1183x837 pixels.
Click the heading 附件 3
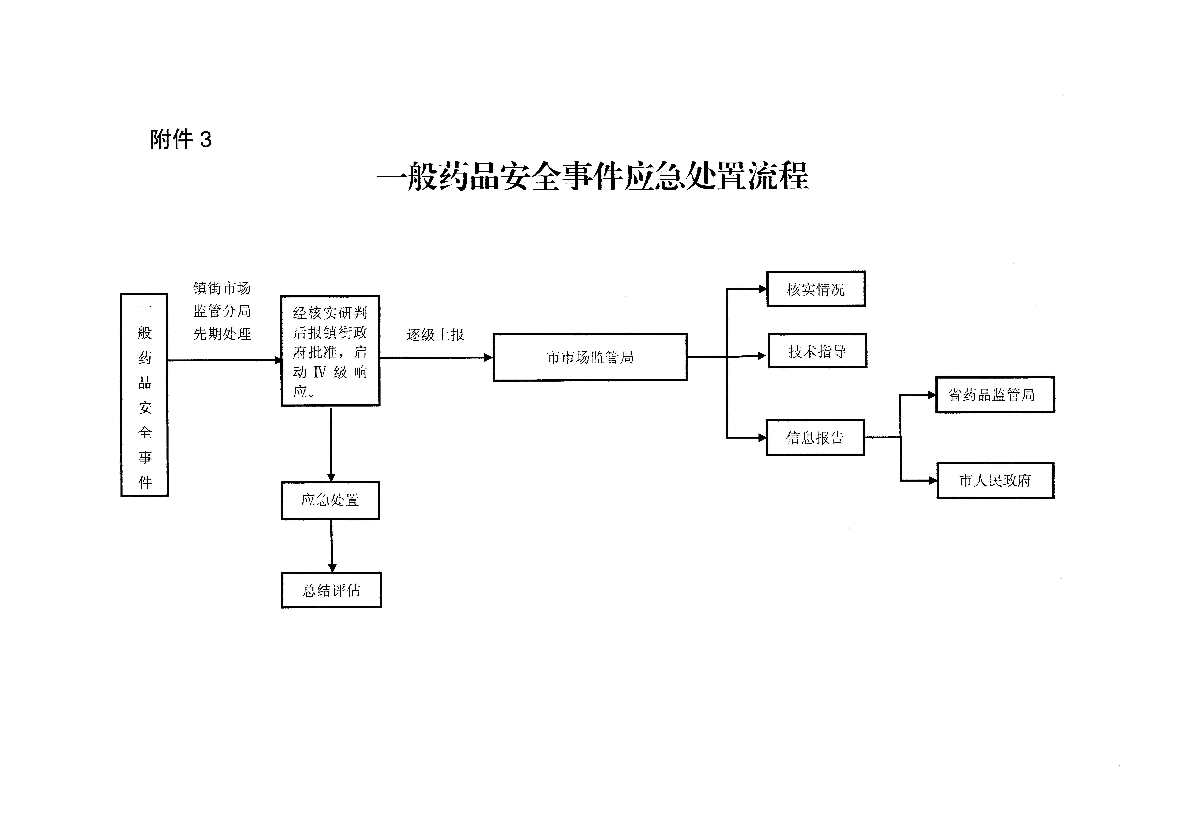pos(181,140)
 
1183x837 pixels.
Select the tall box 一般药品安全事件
pos(144,395)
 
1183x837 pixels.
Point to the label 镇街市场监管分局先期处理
pos(222,311)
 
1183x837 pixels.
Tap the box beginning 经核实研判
pos(330,351)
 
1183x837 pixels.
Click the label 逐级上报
pos(435,335)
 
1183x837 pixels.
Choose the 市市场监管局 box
pos(590,357)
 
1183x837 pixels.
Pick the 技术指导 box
pos(817,351)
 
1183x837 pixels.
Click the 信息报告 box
pos(815,438)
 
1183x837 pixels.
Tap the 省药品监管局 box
pos(994,395)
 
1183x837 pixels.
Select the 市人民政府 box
pos(995,480)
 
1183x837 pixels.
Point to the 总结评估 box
pos(331,590)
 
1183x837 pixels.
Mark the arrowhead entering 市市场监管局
pos(489,358)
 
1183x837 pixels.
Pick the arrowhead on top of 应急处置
pos(331,478)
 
